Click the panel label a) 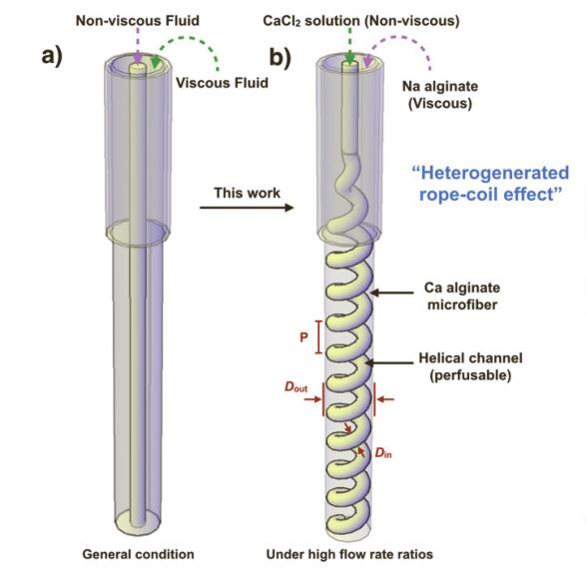[52, 57]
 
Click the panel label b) [280, 57]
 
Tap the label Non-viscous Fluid [138, 21]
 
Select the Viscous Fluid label [222, 83]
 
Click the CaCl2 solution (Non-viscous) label [361, 21]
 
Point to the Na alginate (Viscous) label [440, 95]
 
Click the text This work [248, 193]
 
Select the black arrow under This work [247, 207]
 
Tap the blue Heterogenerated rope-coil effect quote [491, 184]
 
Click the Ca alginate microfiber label [462, 295]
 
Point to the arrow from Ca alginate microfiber [392, 293]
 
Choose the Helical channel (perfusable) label [470, 366]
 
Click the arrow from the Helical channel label [389, 362]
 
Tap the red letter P [303, 337]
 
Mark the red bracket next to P [318, 337]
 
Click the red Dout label [295, 386]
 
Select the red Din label [383, 453]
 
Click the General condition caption [138, 554]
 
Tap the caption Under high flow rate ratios [349, 554]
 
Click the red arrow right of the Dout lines [385, 399]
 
